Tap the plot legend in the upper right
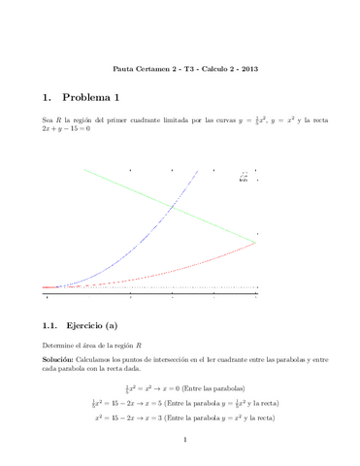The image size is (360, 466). pyautogui.click(x=244, y=178)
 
